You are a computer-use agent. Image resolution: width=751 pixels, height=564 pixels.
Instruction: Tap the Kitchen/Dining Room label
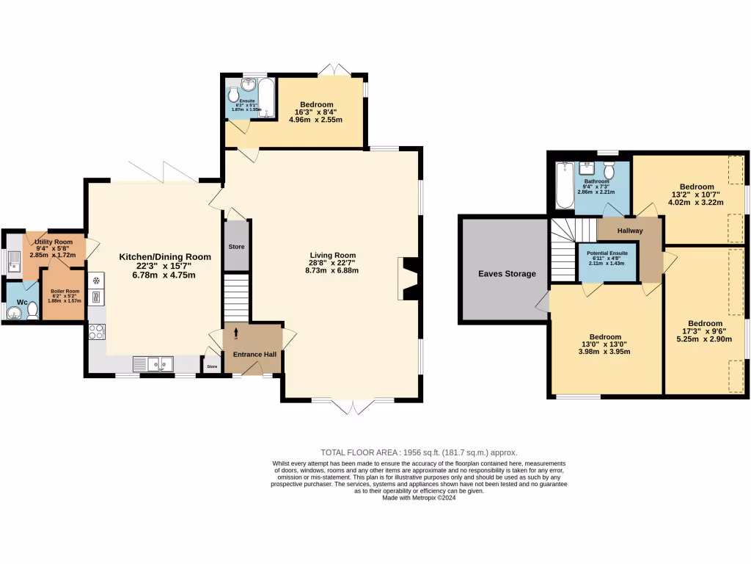[165, 257]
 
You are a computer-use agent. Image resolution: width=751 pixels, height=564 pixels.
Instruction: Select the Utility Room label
[54, 242]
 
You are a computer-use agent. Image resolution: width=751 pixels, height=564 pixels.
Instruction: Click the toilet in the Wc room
[33, 311]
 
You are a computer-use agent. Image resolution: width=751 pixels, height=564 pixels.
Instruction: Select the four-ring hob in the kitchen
[96, 331]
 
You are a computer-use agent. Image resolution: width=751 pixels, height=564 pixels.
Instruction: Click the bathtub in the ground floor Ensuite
[265, 98]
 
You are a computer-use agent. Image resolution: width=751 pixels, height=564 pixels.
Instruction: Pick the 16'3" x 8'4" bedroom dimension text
[316, 115]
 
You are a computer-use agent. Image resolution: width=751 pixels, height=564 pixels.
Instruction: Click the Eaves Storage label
[507, 274]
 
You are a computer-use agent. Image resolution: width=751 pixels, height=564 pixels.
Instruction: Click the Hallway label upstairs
[629, 231]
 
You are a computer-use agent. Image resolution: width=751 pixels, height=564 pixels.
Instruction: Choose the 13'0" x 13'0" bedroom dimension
[605, 347]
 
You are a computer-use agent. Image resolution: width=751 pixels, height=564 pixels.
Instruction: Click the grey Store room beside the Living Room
[236, 246]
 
